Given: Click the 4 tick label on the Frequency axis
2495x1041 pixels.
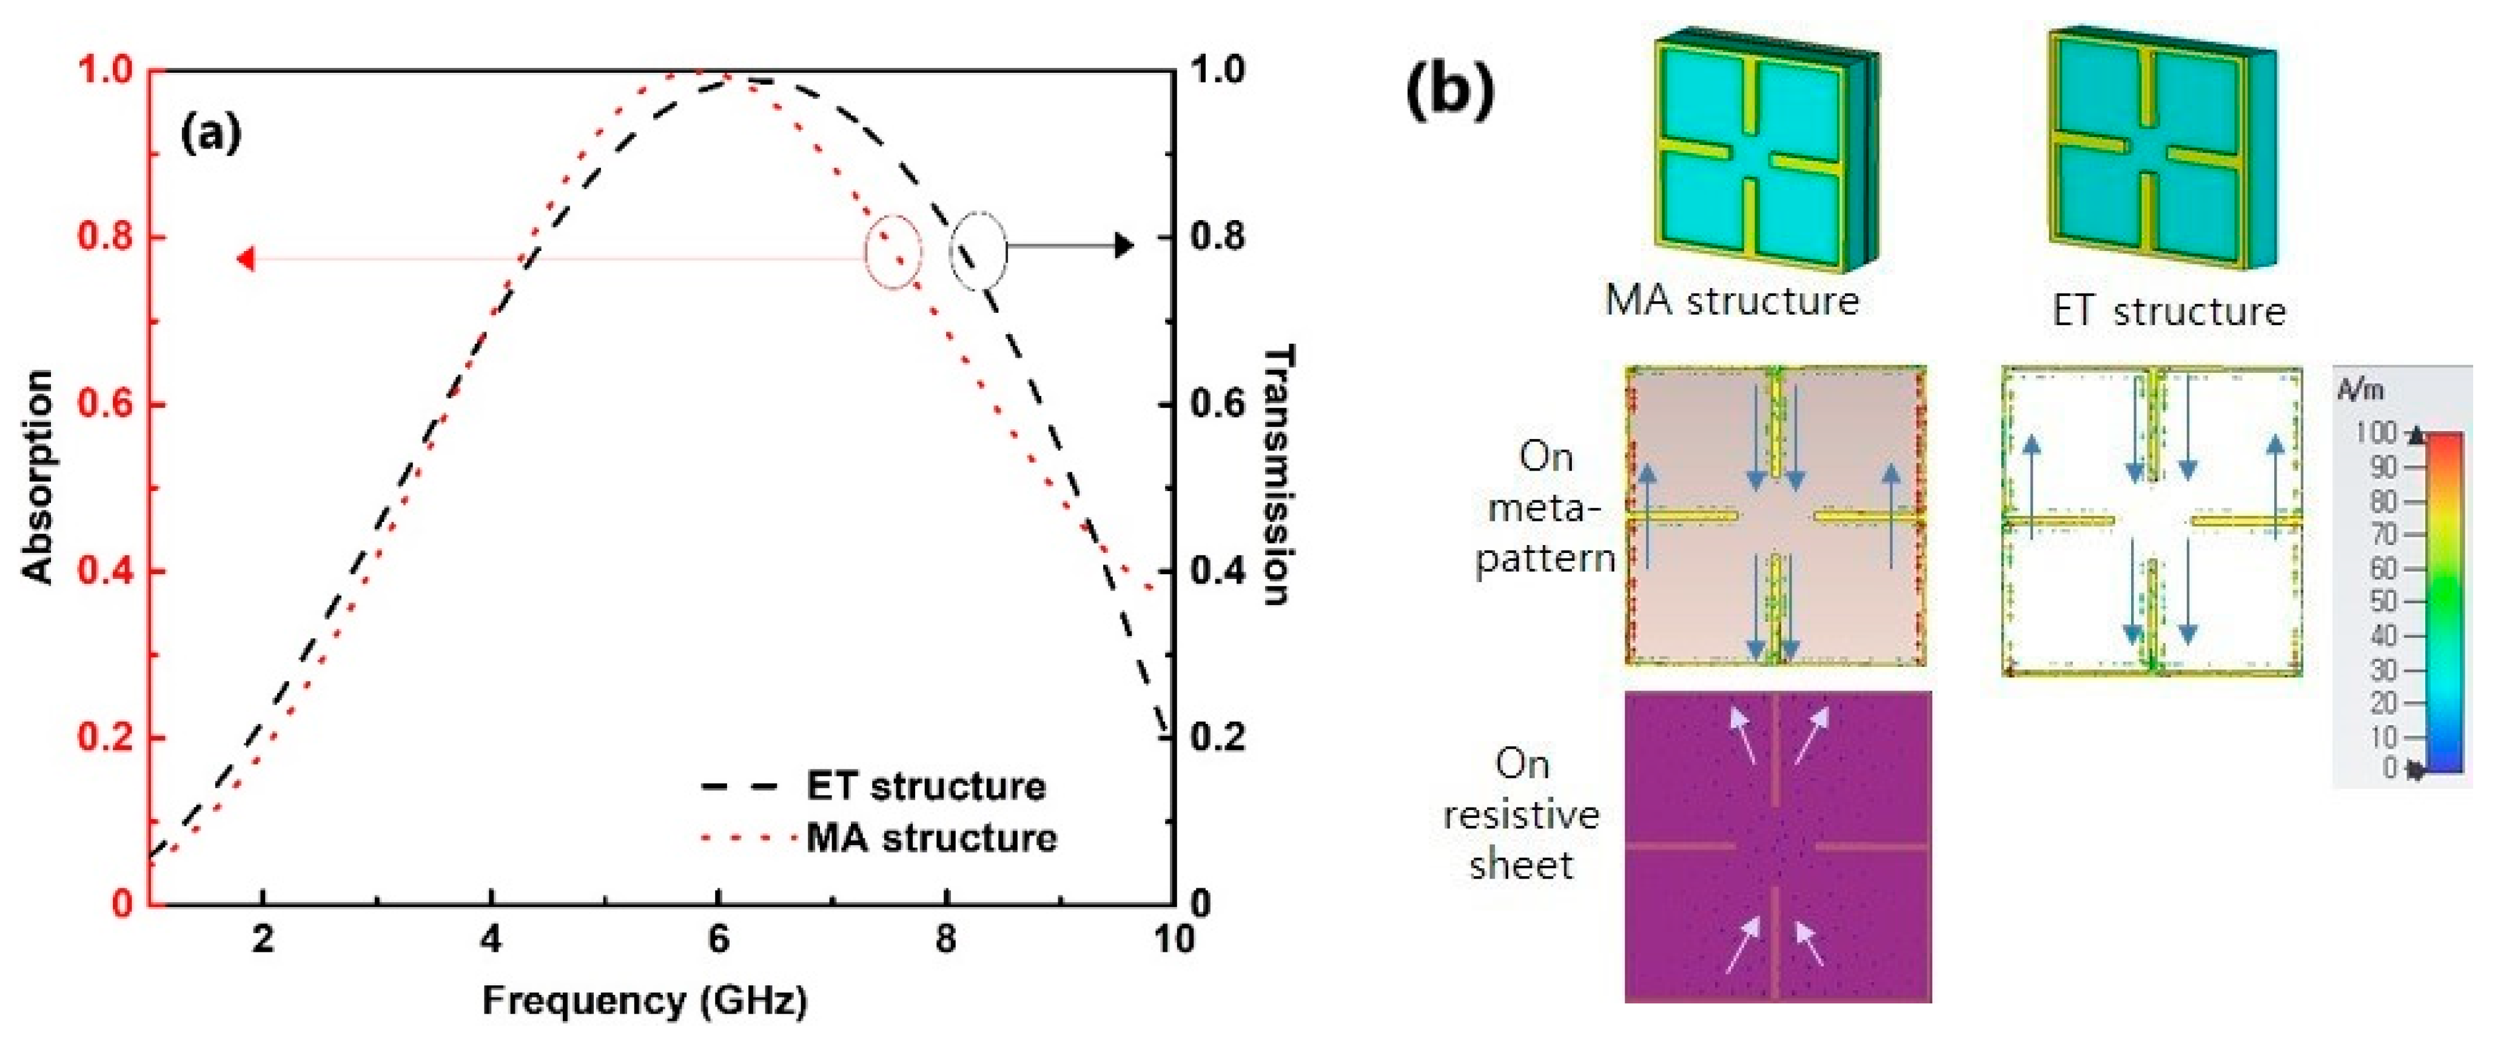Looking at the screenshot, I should tap(491, 939).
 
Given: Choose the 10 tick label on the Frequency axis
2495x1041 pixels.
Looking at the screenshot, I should tap(1173, 939).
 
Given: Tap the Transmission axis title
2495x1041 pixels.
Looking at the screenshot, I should tap(1278, 475).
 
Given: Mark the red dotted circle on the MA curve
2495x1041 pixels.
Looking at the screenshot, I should tap(892, 251).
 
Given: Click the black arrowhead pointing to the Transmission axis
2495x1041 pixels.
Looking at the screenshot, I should tap(1124, 246).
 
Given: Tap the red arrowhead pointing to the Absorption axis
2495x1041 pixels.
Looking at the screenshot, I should tap(246, 258).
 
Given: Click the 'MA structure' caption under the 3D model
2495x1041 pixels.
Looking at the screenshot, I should tap(1732, 300).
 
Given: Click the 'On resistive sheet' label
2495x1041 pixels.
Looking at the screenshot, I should tap(1520, 814).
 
